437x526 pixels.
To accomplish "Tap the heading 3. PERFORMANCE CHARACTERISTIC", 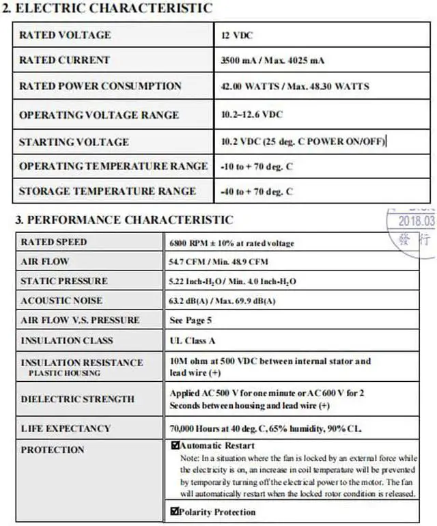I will (x=124, y=220).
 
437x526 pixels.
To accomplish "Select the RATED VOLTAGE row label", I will (x=65, y=35).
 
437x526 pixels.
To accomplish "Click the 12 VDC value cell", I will (x=237, y=36).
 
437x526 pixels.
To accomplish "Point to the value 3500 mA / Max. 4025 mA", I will (x=272, y=61).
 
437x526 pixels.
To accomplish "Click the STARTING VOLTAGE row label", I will (x=74, y=142).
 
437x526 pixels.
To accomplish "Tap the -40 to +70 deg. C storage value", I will (x=257, y=192).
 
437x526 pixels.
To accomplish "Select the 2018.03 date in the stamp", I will (x=416, y=221).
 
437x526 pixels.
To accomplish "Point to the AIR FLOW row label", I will (x=45, y=262).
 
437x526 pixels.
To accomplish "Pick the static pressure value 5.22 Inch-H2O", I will (x=232, y=281).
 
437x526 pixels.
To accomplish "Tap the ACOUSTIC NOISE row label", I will (x=61, y=301).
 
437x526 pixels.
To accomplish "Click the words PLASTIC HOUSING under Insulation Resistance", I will (x=64, y=373).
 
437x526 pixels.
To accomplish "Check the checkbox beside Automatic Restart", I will (x=175, y=446).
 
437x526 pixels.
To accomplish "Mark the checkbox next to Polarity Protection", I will (x=175, y=511).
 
